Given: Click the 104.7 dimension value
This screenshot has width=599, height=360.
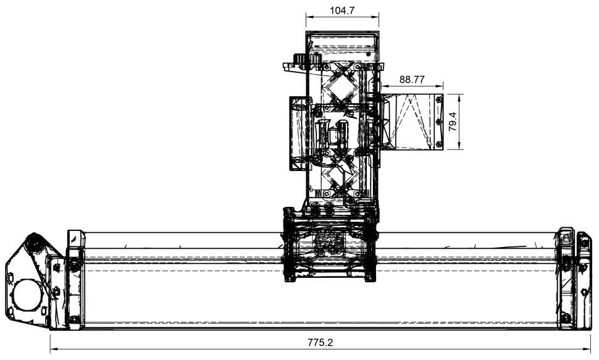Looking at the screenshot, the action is (x=342, y=10).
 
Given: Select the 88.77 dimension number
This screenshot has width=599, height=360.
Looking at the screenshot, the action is (x=412, y=80).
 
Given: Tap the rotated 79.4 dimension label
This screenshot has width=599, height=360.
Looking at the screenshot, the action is (x=453, y=122).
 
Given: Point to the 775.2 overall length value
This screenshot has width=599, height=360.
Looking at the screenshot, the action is (x=320, y=342).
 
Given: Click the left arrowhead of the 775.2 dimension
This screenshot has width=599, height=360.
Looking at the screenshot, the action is (x=54, y=348).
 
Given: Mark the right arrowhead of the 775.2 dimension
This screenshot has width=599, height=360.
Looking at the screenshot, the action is (x=587, y=348).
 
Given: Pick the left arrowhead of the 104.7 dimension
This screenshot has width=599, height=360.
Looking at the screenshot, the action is (x=309, y=17).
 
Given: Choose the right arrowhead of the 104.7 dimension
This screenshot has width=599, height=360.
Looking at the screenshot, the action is (x=375, y=17).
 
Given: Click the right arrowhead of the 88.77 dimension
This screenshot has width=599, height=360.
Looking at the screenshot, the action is (x=439, y=86).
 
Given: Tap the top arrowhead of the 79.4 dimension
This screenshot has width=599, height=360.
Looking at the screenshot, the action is (x=460, y=98).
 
